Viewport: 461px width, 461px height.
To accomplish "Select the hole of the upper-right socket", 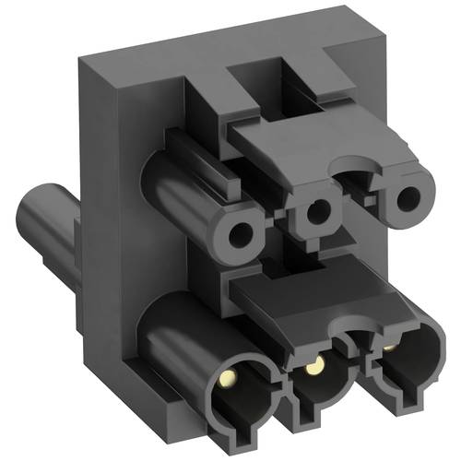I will [x=404, y=200].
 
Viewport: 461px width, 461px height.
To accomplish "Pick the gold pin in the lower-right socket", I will [x=390, y=349].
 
